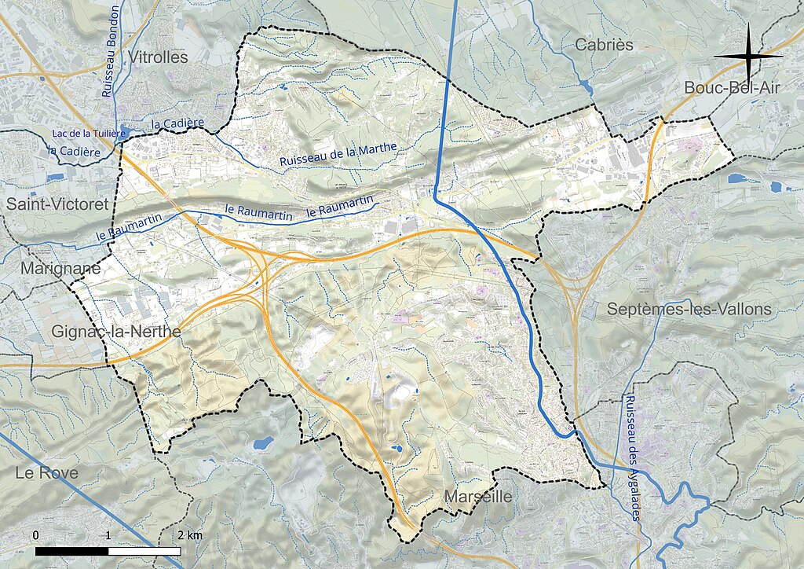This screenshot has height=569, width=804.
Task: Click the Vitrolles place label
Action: pyautogui.click(x=161, y=57)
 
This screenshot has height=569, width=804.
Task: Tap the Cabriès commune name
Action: pyautogui.click(x=604, y=45)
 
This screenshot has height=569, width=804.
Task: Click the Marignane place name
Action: pyautogui.click(x=60, y=268)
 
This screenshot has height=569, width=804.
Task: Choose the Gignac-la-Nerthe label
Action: pyautogui.click(x=116, y=332)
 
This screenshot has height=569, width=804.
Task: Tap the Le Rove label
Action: pyautogui.click(x=46, y=473)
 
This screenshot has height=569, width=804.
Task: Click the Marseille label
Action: pyautogui.click(x=477, y=497)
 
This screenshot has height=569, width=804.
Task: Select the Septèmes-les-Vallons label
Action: pyautogui.click(x=689, y=309)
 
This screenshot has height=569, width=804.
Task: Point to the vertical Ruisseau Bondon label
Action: pyautogui.click(x=111, y=52)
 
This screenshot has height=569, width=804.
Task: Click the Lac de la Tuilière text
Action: pyautogui.click(x=89, y=134)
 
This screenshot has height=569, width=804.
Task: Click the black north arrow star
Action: pyautogui.click(x=748, y=57)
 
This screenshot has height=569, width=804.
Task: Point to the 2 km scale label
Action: pyautogui.click(x=189, y=535)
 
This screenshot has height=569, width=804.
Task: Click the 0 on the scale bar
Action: pyautogui.click(x=36, y=535)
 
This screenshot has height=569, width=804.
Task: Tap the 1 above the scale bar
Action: pyautogui.click(x=108, y=535)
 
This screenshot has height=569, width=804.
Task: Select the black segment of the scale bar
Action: pyautogui.click(x=71, y=551)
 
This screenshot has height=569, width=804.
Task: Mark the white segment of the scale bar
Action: pyautogui.click(x=144, y=551)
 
